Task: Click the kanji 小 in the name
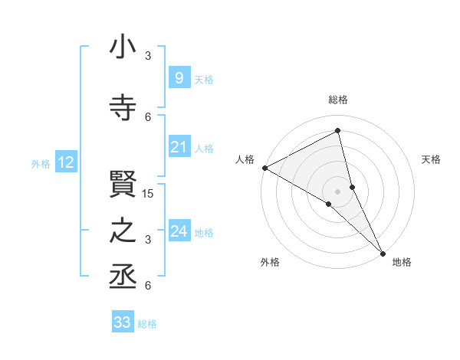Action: (x=123, y=47)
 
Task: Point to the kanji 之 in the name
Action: (x=123, y=231)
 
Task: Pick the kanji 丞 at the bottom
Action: (x=123, y=274)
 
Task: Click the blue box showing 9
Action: (x=179, y=78)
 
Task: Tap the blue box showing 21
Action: (x=179, y=147)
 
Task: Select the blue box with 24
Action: (x=179, y=231)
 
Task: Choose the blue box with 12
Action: (x=66, y=162)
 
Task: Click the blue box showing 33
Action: (x=123, y=322)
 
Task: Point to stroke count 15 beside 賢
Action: (x=149, y=194)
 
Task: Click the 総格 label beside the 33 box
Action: (x=147, y=324)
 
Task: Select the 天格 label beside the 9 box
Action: (x=204, y=80)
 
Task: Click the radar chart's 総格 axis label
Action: (x=337, y=100)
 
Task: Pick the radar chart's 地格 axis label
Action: (x=402, y=263)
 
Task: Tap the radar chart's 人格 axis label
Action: (x=245, y=159)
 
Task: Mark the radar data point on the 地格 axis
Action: (x=383, y=252)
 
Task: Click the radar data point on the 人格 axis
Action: (x=264, y=168)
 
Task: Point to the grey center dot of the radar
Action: (x=337, y=191)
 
